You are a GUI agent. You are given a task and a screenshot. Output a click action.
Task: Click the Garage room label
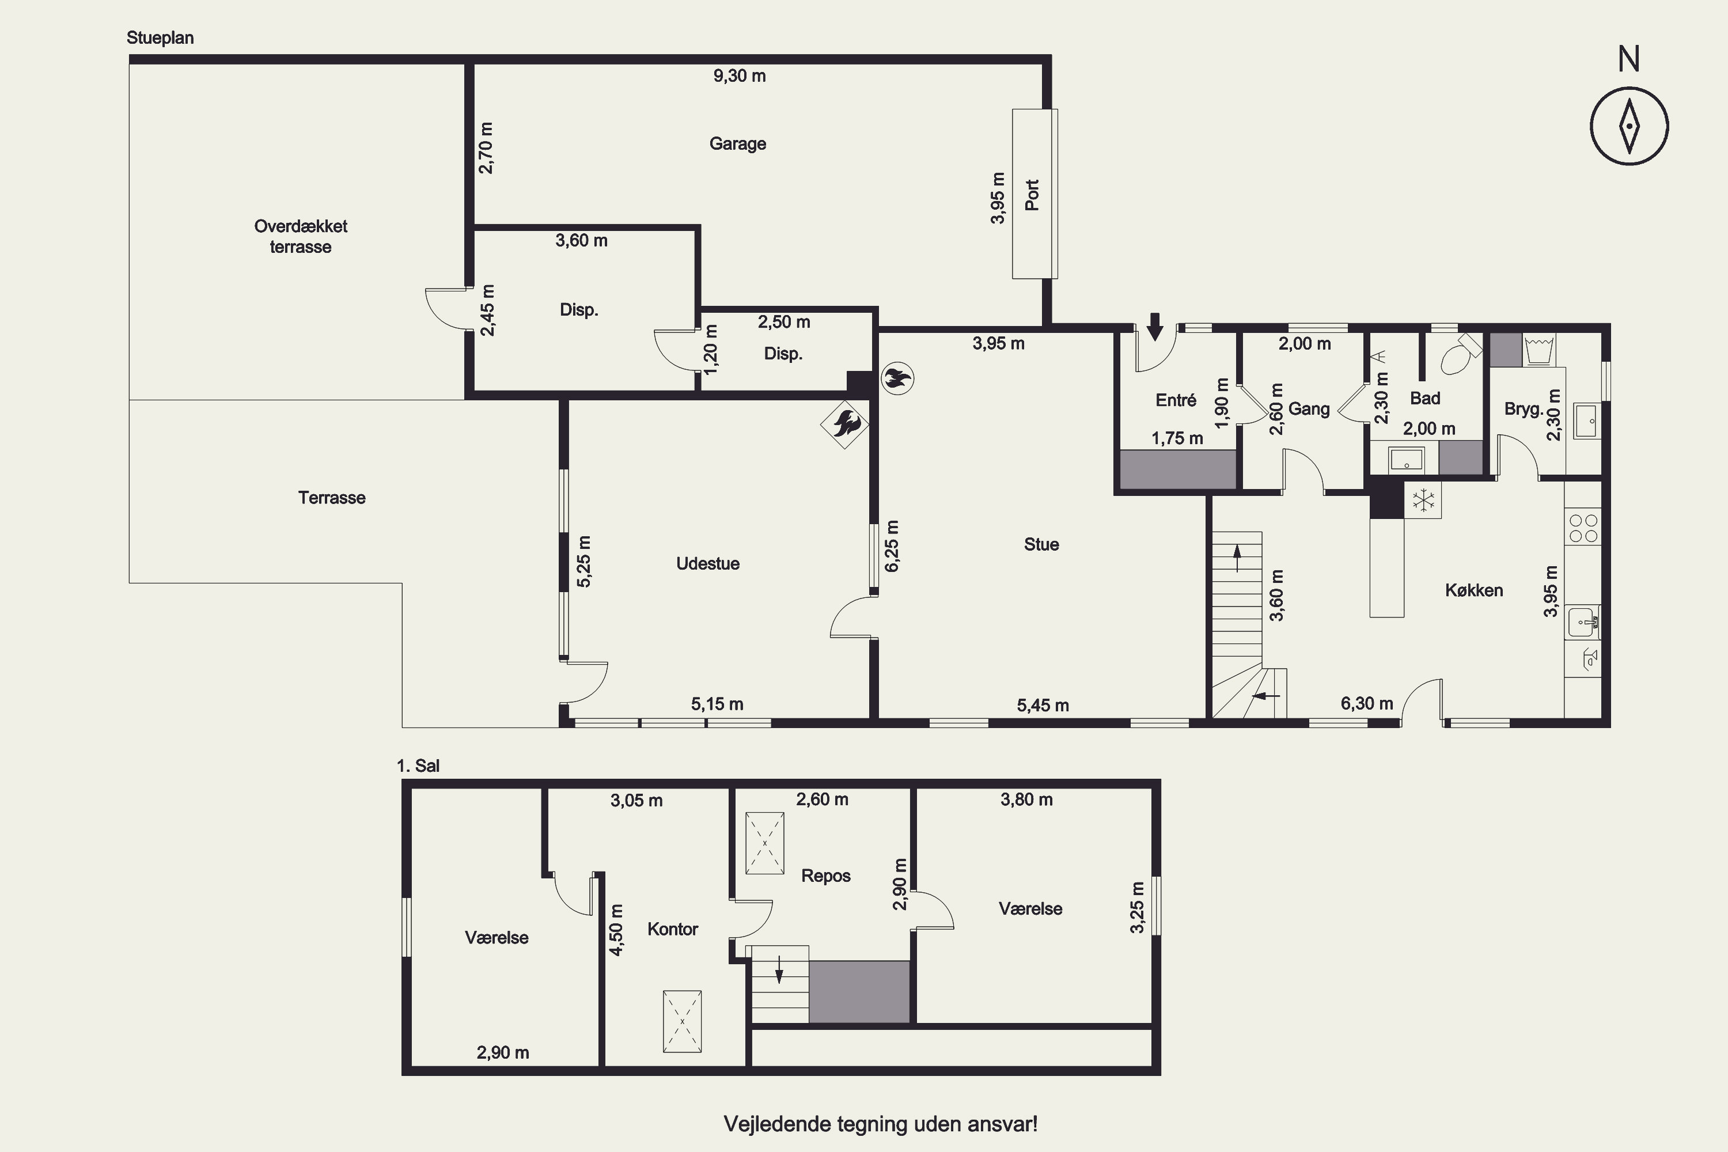(738, 144)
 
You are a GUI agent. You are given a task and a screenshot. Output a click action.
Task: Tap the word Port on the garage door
(1032, 195)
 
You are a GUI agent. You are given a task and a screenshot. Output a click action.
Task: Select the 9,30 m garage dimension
(740, 75)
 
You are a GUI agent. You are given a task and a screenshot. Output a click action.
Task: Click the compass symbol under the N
(1630, 126)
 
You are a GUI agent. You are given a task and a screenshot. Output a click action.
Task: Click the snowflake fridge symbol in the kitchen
(1424, 501)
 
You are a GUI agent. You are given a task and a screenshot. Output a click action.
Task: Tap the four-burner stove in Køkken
(1583, 528)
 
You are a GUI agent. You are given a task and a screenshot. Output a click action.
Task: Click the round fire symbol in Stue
(897, 379)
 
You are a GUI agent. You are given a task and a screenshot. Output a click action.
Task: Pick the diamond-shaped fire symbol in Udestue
(845, 424)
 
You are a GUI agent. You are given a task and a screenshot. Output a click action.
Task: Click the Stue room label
(1042, 544)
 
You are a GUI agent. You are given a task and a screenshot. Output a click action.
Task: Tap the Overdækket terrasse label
(301, 237)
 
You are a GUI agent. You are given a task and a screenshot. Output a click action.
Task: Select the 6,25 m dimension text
(892, 546)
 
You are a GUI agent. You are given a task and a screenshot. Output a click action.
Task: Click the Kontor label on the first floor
(672, 930)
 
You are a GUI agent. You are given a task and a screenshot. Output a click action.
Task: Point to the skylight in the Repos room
(765, 843)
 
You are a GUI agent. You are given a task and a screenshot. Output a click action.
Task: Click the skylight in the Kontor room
(683, 1022)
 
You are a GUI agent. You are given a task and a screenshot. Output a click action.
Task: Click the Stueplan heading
(160, 38)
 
